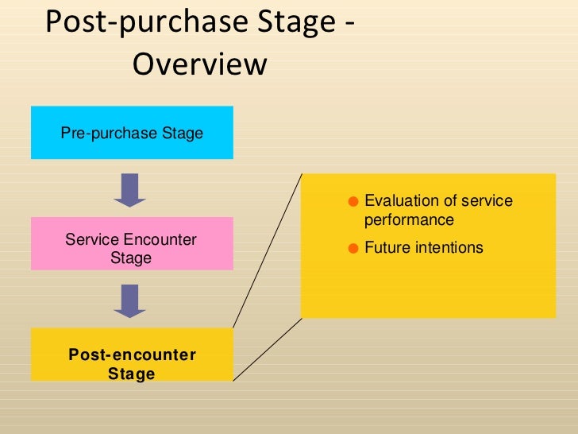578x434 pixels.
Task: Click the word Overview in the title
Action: (x=199, y=64)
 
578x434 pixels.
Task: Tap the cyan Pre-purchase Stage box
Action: (x=132, y=132)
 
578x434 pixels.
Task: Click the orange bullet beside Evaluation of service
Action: (x=354, y=201)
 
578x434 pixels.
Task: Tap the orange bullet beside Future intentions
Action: (x=354, y=248)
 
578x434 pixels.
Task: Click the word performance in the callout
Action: (x=409, y=220)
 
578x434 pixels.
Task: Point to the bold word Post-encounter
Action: (x=132, y=355)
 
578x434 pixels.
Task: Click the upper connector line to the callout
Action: (x=267, y=250)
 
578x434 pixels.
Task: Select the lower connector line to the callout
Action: (x=267, y=349)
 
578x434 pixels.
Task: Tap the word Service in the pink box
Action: (x=91, y=239)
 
